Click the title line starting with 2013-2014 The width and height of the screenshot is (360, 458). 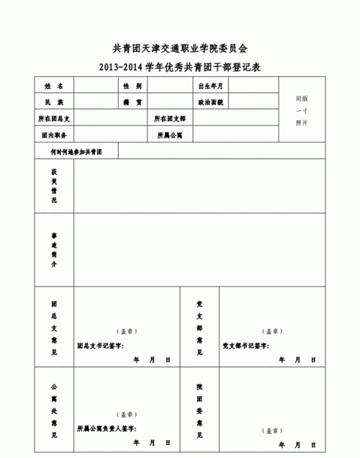coord(180,67)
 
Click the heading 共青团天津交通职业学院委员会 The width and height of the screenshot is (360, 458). coord(180,48)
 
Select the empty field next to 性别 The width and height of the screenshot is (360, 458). coord(171,86)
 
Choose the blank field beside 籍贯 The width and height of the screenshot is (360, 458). coord(171,102)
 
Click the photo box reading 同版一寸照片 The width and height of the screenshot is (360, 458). coord(302,110)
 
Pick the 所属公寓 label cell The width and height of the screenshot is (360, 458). coord(170,135)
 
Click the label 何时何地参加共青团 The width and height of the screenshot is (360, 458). coord(76,152)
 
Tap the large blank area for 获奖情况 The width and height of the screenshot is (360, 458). coord(194,187)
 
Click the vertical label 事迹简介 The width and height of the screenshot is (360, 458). coord(54,250)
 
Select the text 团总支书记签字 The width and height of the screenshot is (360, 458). coord(101,346)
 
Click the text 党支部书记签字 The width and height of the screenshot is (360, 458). coord(245,346)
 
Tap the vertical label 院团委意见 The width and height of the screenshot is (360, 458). coord(199,410)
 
